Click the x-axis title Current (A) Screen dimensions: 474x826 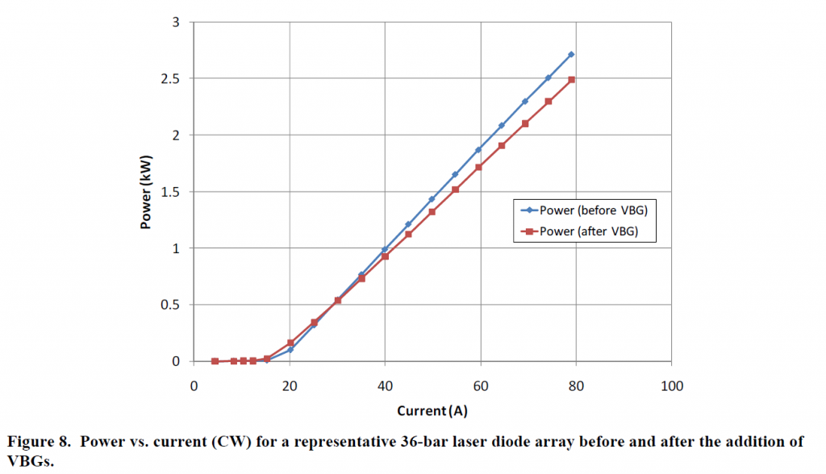point(432,411)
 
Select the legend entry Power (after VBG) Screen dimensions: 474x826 point(582,232)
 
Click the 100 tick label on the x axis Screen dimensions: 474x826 point(672,386)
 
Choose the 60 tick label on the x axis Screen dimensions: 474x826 point(481,386)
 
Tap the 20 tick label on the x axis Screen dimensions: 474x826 point(290,386)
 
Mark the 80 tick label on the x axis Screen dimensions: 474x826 point(577,386)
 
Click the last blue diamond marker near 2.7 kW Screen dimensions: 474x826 point(571,54)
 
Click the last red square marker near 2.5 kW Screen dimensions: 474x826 point(571,79)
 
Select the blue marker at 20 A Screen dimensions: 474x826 point(290,350)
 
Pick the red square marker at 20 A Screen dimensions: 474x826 point(290,343)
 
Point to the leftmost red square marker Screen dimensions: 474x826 point(215,361)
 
